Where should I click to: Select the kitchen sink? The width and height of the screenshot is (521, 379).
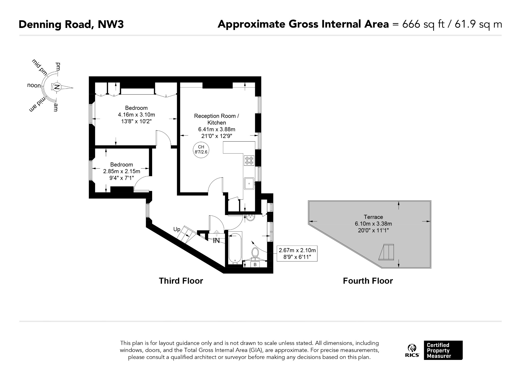click(x=249, y=183)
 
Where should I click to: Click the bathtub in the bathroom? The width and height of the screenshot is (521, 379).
click(x=235, y=248)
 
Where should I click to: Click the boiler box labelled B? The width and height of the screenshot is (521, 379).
click(x=255, y=265)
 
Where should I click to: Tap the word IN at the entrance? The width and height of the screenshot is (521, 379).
click(x=216, y=240)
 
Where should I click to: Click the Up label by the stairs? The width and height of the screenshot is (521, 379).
click(x=177, y=229)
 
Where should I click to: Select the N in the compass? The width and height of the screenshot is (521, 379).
click(x=57, y=87)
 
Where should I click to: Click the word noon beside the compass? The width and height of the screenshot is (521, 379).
click(x=34, y=85)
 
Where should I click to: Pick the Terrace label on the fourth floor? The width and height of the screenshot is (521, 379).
click(x=373, y=217)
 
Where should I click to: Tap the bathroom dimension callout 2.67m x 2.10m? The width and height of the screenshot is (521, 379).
click(x=297, y=253)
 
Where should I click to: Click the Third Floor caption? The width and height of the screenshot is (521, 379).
click(x=181, y=281)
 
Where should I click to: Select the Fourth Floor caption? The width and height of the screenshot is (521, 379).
click(x=368, y=281)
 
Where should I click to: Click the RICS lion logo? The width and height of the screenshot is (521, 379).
click(x=412, y=351)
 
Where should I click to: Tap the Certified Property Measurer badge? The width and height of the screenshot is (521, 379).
click(x=443, y=350)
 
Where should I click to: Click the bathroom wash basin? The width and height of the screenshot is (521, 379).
click(x=251, y=218)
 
